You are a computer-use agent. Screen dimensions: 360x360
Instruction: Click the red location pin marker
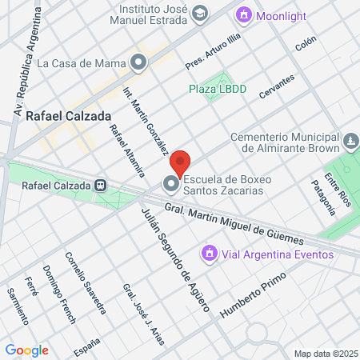click(180, 162)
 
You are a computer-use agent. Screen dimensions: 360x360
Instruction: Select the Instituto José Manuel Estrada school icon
click(199, 14)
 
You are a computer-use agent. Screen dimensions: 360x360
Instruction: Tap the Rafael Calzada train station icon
click(101, 186)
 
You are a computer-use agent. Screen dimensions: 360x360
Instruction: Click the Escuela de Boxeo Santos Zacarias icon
click(171, 185)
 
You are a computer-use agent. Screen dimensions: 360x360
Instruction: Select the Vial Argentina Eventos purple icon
click(210, 254)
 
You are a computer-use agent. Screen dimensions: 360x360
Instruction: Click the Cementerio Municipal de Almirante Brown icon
click(350, 142)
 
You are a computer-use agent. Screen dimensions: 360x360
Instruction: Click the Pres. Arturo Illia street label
click(212, 50)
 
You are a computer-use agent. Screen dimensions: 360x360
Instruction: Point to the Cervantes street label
click(277, 87)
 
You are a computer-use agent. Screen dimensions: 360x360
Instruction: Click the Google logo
click(26, 350)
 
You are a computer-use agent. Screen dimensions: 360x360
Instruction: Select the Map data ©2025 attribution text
click(325, 354)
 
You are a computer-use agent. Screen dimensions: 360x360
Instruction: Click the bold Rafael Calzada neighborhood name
click(68, 115)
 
